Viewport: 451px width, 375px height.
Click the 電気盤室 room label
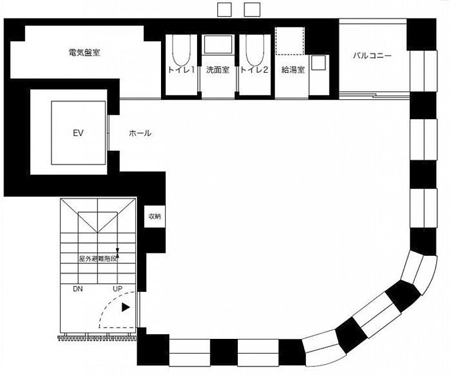click(84, 52)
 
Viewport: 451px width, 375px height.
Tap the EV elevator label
click(79, 133)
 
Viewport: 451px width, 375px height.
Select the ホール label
click(140, 133)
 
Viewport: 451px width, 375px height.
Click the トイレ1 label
click(181, 69)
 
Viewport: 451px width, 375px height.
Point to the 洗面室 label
click(217, 69)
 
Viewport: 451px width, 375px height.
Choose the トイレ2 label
click(254, 69)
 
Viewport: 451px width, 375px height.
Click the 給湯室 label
click(293, 69)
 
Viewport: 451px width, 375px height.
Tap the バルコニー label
click(372, 55)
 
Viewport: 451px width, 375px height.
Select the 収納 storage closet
click(155, 216)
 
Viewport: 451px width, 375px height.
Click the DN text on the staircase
click(78, 289)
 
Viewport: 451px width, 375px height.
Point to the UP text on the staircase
click(117, 288)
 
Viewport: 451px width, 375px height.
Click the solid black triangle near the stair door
click(126, 307)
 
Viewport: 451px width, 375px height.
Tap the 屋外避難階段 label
click(99, 259)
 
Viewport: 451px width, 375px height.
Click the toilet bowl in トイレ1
click(181, 50)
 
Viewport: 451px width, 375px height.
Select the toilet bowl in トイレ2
click(254, 50)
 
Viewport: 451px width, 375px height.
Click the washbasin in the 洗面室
click(218, 44)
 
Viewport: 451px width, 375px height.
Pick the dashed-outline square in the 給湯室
click(290, 41)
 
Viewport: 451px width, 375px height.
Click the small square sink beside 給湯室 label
click(319, 62)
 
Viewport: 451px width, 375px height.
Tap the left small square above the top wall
click(224, 10)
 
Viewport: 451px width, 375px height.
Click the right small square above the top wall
click(252, 10)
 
